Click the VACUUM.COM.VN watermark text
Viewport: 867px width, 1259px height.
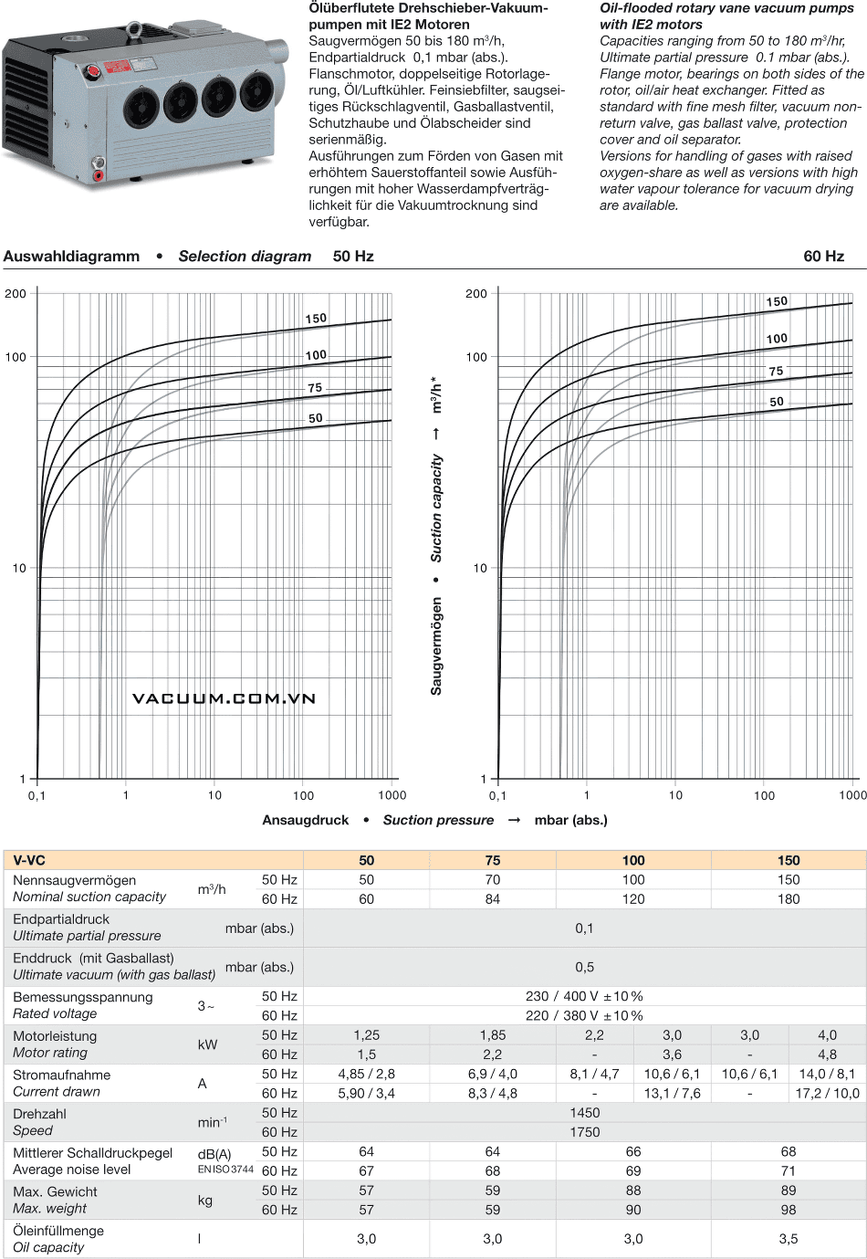(x=224, y=698)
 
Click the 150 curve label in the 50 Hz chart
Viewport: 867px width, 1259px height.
(x=316, y=319)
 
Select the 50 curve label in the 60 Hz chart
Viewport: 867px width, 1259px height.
(x=776, y=402)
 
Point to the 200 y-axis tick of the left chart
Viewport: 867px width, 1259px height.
(x=16, y=293)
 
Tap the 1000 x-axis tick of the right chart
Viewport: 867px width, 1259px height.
(x=852, y=795)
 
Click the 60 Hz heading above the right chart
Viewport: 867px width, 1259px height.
(x=823, y=257)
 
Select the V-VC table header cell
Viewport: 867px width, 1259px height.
(x=29, y=860)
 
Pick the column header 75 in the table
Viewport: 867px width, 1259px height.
(x=493, y=860)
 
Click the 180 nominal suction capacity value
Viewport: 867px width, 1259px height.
(x=789, y=899)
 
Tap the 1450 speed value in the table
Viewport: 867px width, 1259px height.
(x=584, y=1113)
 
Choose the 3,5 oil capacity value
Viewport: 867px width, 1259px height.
(x=789, y=1239)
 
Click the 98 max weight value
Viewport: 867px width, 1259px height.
(x=789, y=1210)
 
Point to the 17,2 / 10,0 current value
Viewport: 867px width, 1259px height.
(x=827, y=1093)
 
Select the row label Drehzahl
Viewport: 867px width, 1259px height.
(x=40, y=1114)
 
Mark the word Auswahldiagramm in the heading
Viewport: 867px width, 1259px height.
(x=71, y=257)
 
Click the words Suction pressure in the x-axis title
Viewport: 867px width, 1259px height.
(x=438, y=820)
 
